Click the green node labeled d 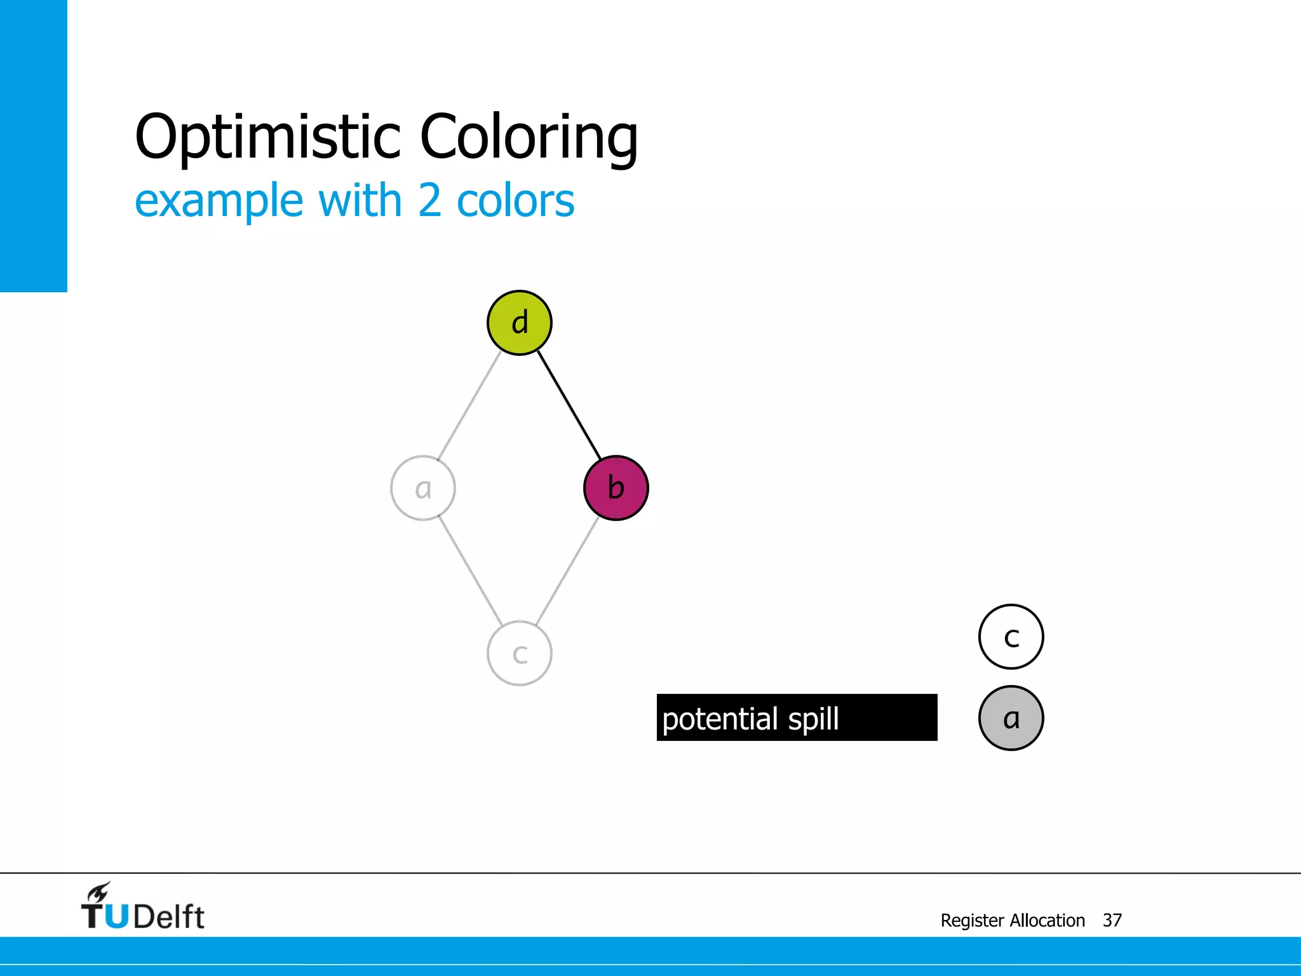pyautogui.click(x=519, y=323)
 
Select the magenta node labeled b pyautogui.click(x=616, y=488)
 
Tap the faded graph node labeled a pyautogui.click(x=422, y=488)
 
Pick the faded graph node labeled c pyautogui.click(x=519, y=653)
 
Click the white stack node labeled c pyautogui.click(x=1011, y=637)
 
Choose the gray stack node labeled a pyautogui.click(x=1011, y=718)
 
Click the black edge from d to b pyautogui.click(x=569, y=405)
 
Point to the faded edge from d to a pyautogui.click(x=469, y=405)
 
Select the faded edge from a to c pyautogui.click(x=470, y=571)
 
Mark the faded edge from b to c pyautogui.click(x=568, y=571)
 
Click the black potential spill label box pyautogui.click(x=797, y=717)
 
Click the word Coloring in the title pyautogui.click(x=529, y=137)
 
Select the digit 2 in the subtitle pyautogui.click(x=429, y=201)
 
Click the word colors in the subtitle pyautogui.click(x=515, y=201)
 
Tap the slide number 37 pyautogui.click(x=1112, y=920)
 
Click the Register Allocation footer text pyautogui.click(x=1012, y=920)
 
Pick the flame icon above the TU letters pyautogui.click(x=99, y=891)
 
